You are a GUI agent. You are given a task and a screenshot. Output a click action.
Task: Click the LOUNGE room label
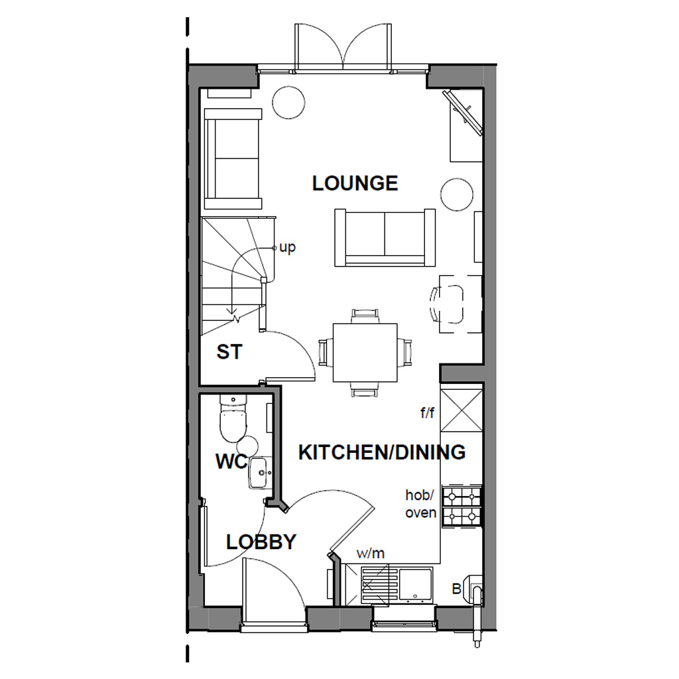355,183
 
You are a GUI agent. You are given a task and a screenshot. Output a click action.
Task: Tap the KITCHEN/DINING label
381,452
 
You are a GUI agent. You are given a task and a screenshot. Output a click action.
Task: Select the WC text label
231,461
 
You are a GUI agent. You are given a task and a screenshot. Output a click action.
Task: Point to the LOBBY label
261,542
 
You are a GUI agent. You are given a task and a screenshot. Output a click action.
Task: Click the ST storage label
229,352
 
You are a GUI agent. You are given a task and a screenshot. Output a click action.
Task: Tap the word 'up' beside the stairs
287,247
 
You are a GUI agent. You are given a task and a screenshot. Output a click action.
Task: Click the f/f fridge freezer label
426,413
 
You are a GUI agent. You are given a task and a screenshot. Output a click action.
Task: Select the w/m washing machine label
371,553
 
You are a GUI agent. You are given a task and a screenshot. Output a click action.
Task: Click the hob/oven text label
421,503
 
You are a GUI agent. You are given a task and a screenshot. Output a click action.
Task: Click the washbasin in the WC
260,472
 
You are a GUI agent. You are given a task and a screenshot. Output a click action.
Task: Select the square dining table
365,352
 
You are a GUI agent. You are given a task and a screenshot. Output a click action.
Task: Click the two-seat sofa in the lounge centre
385,237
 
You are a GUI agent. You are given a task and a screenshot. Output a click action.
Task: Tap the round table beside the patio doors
289,102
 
